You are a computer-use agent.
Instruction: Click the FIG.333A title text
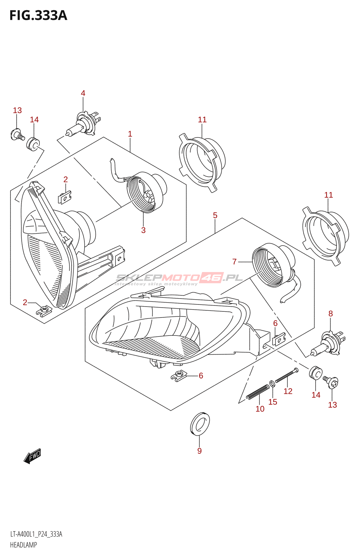38,16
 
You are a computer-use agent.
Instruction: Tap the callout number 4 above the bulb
83,93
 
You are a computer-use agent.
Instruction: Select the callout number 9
200,451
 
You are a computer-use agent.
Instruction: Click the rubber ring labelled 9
200,424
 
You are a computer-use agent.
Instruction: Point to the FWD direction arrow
32,456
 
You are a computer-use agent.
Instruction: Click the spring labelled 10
258,392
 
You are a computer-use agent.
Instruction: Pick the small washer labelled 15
272,384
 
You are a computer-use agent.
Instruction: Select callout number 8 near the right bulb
331,314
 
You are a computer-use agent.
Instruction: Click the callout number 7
234,262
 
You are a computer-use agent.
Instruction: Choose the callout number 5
215,216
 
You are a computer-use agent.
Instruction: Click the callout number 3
143,230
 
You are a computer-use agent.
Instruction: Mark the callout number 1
130,134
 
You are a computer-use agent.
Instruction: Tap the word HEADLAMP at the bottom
23,545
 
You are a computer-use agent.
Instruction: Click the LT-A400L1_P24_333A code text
36,534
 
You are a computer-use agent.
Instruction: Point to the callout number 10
260,409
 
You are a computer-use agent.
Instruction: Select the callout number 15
273,402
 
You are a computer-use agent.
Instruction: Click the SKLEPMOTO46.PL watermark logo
179,278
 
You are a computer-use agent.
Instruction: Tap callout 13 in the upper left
17,111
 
